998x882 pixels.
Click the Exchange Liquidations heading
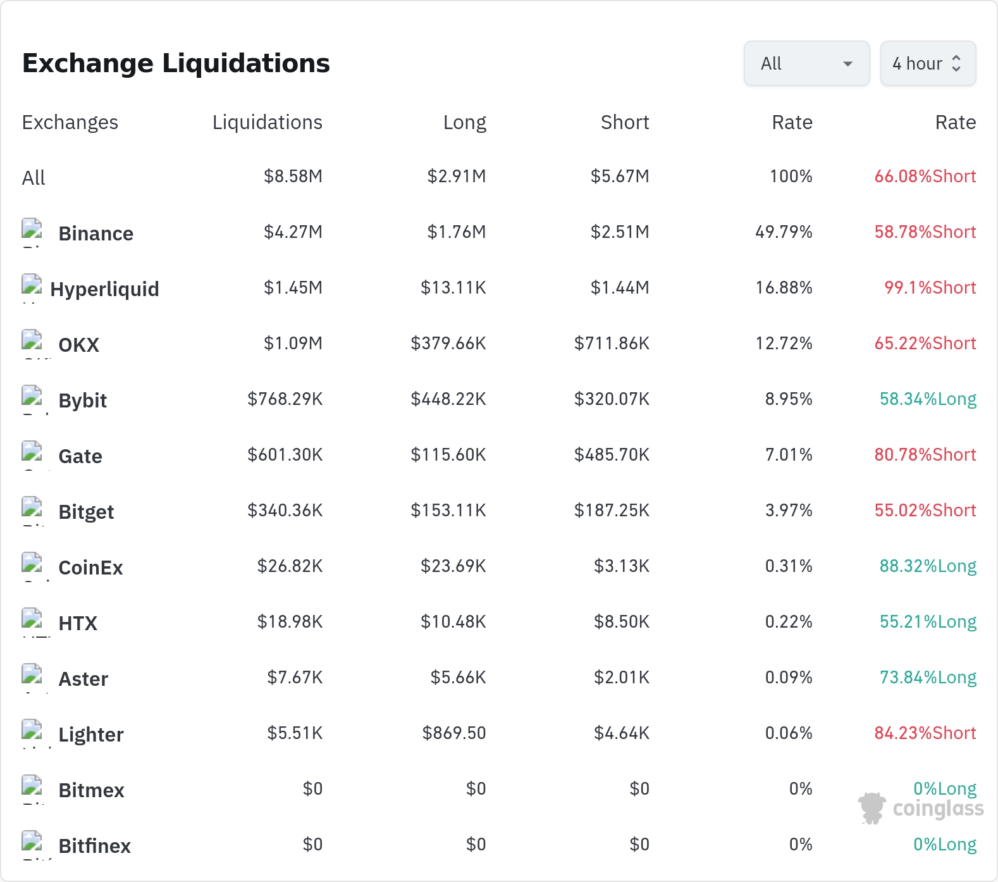[176, 63]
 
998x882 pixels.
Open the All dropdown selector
[806, 63]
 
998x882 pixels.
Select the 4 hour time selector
[928, 63]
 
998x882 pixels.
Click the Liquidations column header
[268, 122]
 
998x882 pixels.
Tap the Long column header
[465, 122]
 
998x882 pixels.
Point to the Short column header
[625, 122]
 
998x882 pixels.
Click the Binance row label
[95, 233]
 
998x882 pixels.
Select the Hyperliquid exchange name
[104, 289]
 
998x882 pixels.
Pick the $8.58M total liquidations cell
[293, 176]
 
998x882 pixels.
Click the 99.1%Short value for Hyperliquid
[930, 287]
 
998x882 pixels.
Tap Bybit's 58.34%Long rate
[928, 399]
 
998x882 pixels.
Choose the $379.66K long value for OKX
[448, 343]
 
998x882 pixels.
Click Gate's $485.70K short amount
[612, 454]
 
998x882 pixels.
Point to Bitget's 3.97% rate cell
[789, 510]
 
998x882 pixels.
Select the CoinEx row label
[90, 568]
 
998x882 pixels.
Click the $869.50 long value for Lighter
[454, 733]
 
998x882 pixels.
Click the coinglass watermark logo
[921, 808]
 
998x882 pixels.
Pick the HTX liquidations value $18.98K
[290, 621]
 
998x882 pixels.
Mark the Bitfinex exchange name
[94, 846]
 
